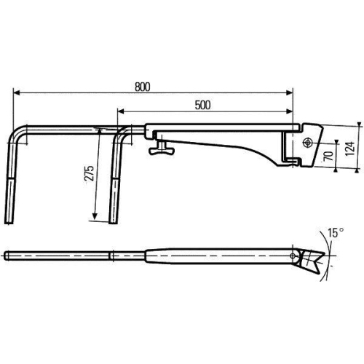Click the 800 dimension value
click(x=142, y=87)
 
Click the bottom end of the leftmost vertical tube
click(x=10, y=221)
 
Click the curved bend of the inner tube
click(x=119, y=132)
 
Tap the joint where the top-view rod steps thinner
click(x=110, y=255)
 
